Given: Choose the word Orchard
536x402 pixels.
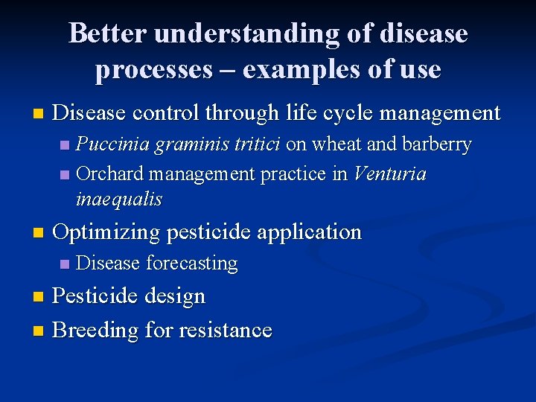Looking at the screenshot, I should pyautogui.click(x=109, y=174).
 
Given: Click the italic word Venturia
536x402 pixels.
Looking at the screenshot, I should pyautogui.click(x=390, y=174).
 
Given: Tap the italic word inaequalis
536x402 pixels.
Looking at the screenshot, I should pyautogui.click(x=118, y=200).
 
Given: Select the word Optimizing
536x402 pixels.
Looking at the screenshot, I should pyautogui.click(x=107, y=232).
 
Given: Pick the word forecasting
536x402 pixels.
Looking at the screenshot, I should pyautogui.click(x=192, y=264).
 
